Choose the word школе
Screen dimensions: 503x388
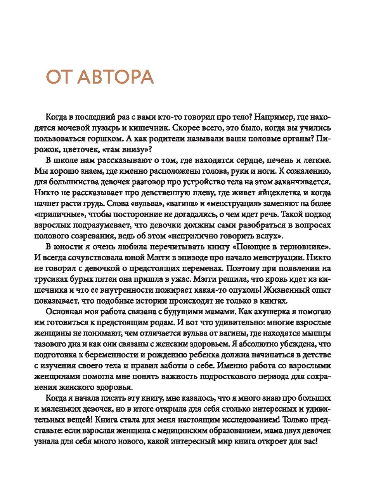point(66,160)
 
